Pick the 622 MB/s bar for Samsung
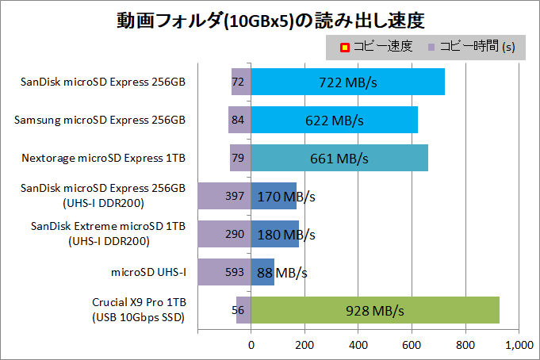pyautogui.click(x=334, y=120)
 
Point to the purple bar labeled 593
pyautogui.click(x=224, y=272)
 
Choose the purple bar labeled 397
pyautogui.click(x=224, y=196)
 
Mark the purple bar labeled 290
pyautogui.click(x=224, y=234)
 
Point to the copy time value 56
pyautogui.click(x=237, y=310)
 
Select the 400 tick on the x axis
pyautogui.click(x=358, y=345)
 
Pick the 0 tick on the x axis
pyautogui.click(x=251, y=345)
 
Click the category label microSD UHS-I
pyautogui.click(x=150, y=272)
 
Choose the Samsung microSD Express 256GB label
pyautogui.click(x=100, y=120)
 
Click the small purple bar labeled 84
pyautogui.click(x=238, y=120)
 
